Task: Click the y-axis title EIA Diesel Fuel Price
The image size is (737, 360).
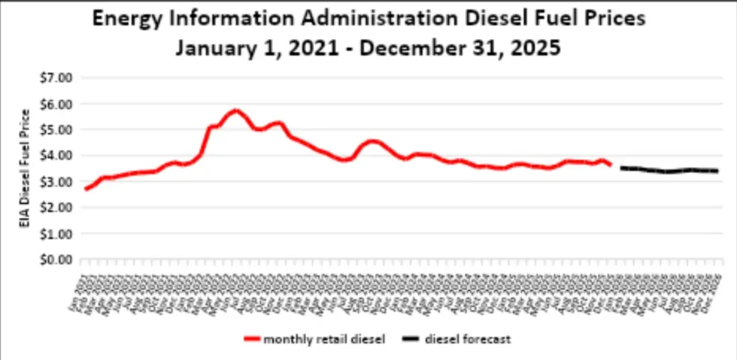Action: point(26,168)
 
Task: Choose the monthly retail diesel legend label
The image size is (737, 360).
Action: point(324,340)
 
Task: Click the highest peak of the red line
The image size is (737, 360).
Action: point(235,110)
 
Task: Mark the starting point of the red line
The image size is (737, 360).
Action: point(86,189)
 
